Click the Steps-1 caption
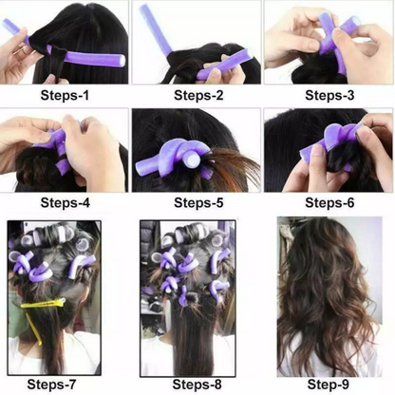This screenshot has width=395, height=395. pos(65,95)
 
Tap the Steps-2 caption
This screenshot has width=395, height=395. pos(198,95)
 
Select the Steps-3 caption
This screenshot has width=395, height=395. pos(329,95)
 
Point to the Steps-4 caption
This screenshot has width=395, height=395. pos(65,202)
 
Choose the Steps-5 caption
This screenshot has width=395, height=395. pos(198,202)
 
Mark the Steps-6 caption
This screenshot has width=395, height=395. pos(329,202)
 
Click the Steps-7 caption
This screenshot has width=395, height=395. pos(51,385)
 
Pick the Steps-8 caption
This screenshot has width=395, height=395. pos(197,385)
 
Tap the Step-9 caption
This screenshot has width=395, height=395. pos(329,385)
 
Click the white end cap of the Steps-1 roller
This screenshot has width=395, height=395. pos(122,60)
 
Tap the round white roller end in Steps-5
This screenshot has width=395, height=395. pos(193,159)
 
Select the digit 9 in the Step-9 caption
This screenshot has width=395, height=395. pos(346,385)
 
